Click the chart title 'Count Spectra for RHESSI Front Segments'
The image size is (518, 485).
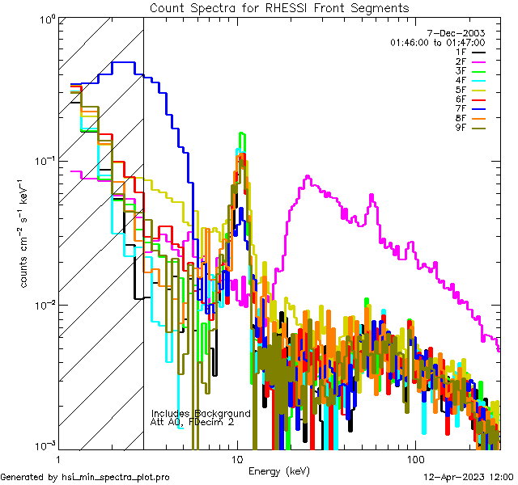click(x=279, y=7)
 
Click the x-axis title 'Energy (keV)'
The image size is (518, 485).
click(x=279, y=470)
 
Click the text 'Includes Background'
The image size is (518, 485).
click(x=201, y=413)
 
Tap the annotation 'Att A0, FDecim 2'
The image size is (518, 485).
click(x=193, y=422)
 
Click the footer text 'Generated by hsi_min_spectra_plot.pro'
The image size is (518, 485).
click(x=86, y=478)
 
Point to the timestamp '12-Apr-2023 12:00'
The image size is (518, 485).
click(x=467, y=478)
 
